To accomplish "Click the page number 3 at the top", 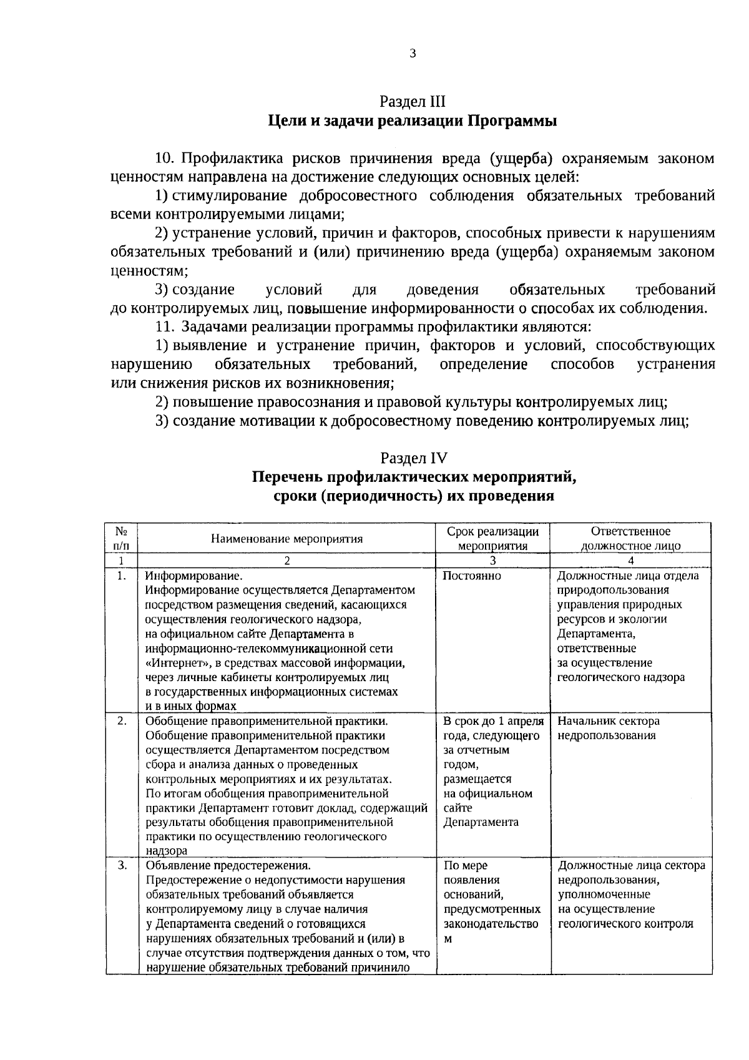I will (x=413, y=54).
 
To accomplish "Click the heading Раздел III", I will (x=413, y=101).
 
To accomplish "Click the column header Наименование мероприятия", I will (x=286, y=539).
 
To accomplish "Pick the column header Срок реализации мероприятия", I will (x=493, y=538).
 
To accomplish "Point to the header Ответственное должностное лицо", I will (x=630, y=538).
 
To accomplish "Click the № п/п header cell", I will (x=122, y=538).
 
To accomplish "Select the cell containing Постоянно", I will (x=471, y=576).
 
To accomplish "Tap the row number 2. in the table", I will (x=122, y=721).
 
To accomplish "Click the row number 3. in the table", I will (x=122, y=865).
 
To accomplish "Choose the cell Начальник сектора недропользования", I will (x=608, y=728).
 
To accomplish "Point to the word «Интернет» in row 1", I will (x=176, y=662).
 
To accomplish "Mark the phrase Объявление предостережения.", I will (x=227, y=866).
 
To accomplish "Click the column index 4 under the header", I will (x=631, y=561).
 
